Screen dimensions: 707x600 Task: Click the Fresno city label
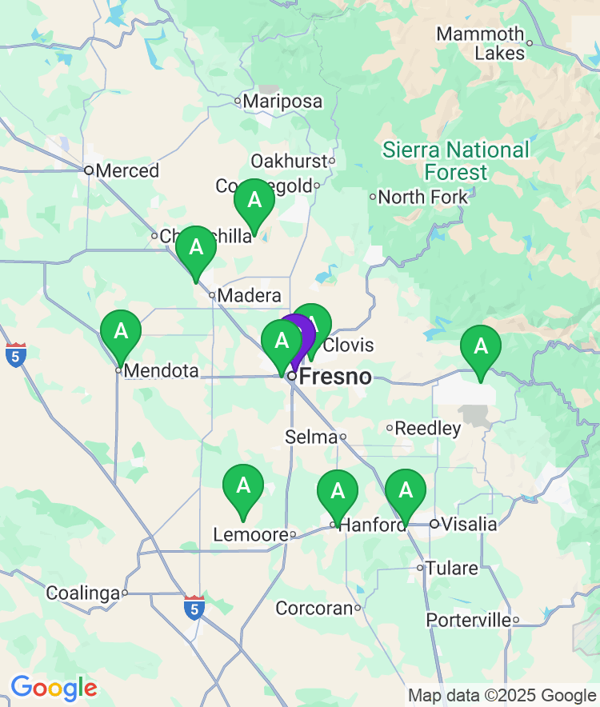point(335,376)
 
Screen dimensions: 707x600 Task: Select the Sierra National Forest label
point(456,161)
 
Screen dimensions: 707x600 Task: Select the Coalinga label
point(82,593)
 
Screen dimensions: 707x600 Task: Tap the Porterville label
point(469,620)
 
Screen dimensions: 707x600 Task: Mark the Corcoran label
point(314,608)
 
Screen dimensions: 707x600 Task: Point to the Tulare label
point(451,569)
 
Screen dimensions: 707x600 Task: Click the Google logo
point(54,688)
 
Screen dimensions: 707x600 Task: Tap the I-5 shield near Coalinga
point(193,607)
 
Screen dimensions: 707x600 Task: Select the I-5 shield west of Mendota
point(15,355)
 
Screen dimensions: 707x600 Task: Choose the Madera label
point(249,295)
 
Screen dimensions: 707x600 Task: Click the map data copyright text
point(502,695)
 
